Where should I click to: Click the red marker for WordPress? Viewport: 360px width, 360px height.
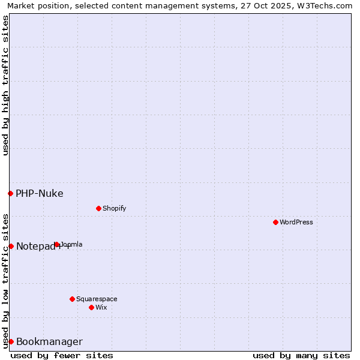click(275, 222)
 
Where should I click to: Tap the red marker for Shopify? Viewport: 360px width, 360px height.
click(98, 208)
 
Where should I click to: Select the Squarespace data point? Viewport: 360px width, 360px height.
click(72, 299)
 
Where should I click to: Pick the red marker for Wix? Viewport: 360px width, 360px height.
click(91, 307)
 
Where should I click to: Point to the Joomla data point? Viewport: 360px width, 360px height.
click(56, 244)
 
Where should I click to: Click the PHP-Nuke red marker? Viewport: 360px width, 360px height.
click(10, 193)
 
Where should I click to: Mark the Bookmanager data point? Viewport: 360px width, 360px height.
click(11, 341)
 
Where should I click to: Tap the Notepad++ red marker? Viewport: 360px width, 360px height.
click(11, 246)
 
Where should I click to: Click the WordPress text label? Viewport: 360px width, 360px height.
click(296, 222)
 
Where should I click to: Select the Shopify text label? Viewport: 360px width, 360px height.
click(114, 208)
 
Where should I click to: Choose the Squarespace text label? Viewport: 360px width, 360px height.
click(97, 299)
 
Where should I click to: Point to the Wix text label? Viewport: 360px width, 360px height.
click(101, 307)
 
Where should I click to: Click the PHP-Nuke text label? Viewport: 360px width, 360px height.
click(40, 193)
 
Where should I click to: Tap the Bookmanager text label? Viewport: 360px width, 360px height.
click(49, 342)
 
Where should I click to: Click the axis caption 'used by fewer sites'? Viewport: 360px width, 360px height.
click(62, 355)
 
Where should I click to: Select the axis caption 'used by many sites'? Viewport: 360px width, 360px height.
click(301, 355)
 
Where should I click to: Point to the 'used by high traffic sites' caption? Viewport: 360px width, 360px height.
click(5, 85)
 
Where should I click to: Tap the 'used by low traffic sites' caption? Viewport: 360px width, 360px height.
click(5, 281)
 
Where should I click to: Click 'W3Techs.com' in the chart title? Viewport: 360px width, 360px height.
click(327, 5)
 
